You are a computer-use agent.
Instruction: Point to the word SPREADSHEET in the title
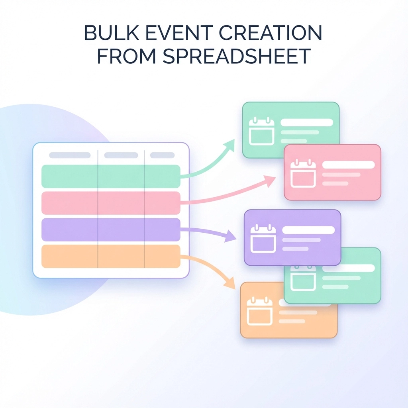pyautogui.click(x=237, y=57)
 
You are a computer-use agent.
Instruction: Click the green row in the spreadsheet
pyautogui.click(x=111, y=176)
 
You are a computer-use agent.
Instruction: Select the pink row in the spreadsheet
pyautogui.click(x=111, y=203)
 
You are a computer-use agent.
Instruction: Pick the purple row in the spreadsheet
pyautogui.click(x=111, y=229)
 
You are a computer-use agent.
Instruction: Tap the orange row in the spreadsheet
pyautogui.click(x=111, y=256)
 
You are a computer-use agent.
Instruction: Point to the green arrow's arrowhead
pyautogui.click(x=231, y=145)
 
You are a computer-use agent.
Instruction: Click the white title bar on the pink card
pyautogui.click(x=348, y=165)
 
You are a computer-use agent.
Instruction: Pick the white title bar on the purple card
pyautogui.click(x=308, y=230)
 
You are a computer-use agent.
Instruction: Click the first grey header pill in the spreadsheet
pyautogui.click(x=70, y=155)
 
